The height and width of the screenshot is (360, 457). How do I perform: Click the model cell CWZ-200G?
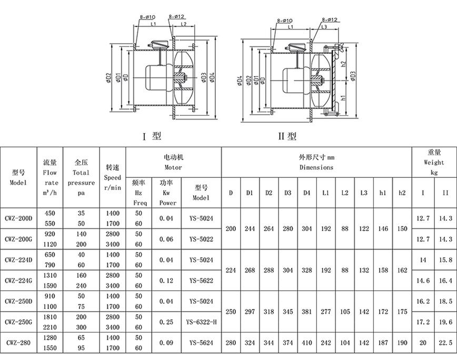point(18,239)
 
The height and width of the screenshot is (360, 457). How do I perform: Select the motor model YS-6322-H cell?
point(202,322)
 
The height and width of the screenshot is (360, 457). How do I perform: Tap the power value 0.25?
point(166,322)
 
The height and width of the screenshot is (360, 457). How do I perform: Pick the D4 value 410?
point(306,343)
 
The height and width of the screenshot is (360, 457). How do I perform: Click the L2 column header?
point(345,193)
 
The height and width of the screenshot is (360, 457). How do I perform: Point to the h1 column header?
point(383,193)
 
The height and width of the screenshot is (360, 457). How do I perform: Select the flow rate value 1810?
point(50,317)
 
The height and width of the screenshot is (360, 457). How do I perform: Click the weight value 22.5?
point(445,343)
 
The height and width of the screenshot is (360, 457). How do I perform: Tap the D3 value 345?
point(287,312)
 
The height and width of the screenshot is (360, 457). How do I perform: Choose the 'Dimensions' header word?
point(316,167)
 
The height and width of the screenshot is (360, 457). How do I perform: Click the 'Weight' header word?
point(434,163)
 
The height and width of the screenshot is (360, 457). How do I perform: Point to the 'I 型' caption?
point(152,136)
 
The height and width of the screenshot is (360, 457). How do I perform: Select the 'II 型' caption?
point(287,136)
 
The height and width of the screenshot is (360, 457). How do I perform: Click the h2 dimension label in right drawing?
point(343,65)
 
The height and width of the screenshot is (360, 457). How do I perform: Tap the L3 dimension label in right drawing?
point(324,27)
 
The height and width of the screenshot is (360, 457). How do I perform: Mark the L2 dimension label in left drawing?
point(183,24)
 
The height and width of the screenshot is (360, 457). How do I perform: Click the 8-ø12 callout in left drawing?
point(176,17)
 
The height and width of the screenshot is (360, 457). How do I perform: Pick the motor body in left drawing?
point(156,77)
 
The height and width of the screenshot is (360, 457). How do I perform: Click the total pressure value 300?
point(81,327)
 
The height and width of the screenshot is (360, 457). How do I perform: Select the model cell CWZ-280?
point(18,343)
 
